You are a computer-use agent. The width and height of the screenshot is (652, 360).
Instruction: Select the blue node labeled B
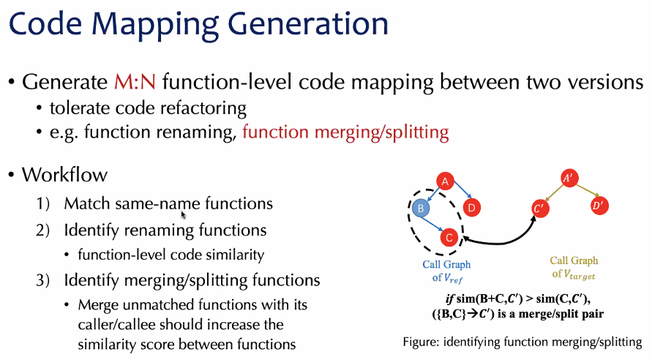(x=420, y=209)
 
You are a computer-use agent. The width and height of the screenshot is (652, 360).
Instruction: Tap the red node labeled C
(x=449, y=237)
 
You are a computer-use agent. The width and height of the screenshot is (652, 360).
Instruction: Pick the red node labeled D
(x=472, y=209)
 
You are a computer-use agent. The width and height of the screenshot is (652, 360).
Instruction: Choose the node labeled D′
(x=597, y=206)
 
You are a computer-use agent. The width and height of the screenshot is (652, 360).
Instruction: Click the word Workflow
(x=64, y=176)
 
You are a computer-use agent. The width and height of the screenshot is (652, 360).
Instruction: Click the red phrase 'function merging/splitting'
(x=345, y=132)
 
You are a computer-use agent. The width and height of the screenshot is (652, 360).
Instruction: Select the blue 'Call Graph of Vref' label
(x=446, y=270)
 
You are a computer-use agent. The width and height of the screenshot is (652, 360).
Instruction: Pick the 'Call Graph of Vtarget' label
(x=574, y=266)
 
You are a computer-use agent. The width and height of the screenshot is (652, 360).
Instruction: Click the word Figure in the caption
(x=421, y=341)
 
